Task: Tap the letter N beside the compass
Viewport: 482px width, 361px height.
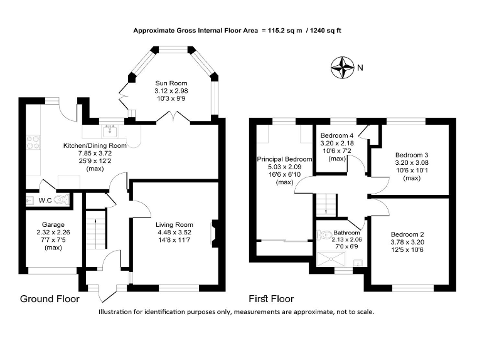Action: point(360,67)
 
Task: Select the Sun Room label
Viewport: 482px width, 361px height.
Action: point(171,82)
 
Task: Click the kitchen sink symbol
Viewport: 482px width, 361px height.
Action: point(111,130)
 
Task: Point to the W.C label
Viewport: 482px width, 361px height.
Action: point(45,201)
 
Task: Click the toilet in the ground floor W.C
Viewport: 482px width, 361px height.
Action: point(61,200)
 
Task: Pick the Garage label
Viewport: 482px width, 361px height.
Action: point(53,224)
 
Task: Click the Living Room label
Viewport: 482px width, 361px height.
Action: point(175,224)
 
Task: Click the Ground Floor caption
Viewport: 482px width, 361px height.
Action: point(50,299)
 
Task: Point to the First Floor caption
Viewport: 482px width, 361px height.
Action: point(271,299)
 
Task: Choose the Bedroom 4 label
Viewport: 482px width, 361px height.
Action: point(337,135)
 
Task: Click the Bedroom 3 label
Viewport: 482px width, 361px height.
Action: point(412,155)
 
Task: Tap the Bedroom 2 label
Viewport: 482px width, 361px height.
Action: point(407,234)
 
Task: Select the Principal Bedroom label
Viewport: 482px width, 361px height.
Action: point(284,160)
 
